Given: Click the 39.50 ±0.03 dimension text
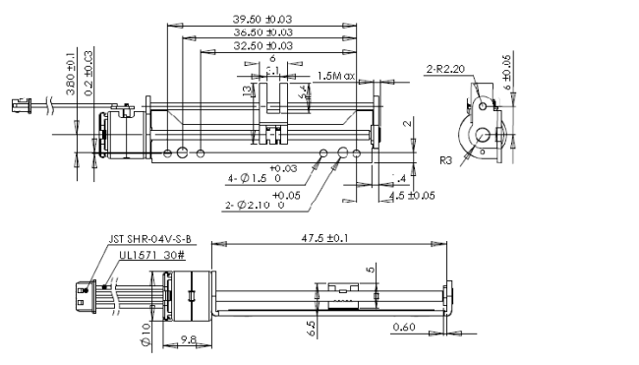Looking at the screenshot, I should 264,19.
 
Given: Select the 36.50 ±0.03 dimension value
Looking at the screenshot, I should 264,32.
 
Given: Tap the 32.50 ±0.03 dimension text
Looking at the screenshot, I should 264,45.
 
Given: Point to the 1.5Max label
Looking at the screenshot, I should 337,76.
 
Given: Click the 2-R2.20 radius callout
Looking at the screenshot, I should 444,69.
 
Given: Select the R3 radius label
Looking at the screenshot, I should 445,158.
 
